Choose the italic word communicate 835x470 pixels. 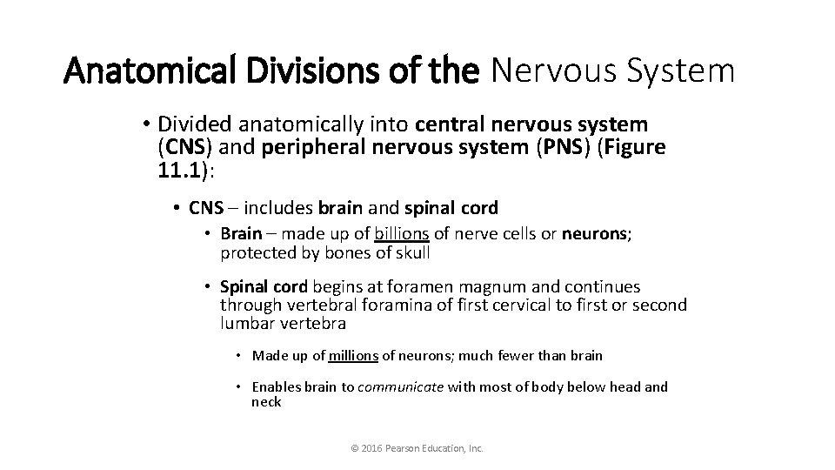coord(400,387)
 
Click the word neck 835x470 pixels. coord(266,402)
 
